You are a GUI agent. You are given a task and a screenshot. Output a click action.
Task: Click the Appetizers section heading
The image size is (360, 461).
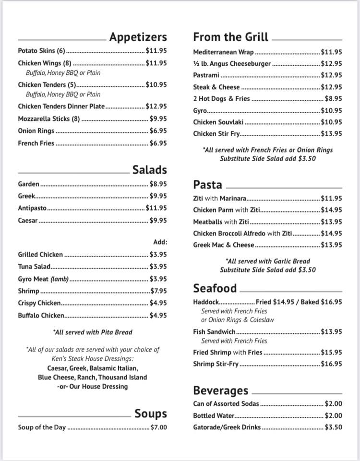tap(138, 37)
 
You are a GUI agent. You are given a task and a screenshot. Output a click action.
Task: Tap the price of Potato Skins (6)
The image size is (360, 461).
tap(156, 50)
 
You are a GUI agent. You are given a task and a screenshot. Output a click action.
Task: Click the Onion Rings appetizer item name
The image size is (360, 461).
tap(36, 130)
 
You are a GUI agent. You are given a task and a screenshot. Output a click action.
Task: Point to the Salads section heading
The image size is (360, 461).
tap(150, 169)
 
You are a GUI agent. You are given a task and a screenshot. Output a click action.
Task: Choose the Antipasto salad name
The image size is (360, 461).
tap(32, 208)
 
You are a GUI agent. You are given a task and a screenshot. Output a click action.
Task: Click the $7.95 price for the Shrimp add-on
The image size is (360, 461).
tap(158, 291)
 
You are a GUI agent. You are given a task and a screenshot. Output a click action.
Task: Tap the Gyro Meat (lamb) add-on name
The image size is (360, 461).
tap(43, 279)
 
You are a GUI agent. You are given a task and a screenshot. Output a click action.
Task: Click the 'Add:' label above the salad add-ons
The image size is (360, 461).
tap(160, 242)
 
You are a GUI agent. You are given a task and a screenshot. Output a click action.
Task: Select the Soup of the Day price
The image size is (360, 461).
tap(159, 427)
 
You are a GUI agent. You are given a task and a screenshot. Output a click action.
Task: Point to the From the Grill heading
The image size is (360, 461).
tap(231, 37)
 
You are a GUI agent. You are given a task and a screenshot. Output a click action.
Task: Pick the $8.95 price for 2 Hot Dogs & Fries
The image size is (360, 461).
tap(334, 98)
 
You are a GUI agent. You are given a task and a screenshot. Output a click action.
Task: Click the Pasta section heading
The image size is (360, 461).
tap(207, 185)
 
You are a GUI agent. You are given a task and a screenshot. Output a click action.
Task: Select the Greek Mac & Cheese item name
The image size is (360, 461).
tap(224, 245)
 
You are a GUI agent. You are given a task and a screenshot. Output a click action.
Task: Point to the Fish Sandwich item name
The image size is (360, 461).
tap(214, 331)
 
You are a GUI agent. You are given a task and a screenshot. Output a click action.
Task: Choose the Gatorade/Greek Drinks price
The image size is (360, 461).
tap(334, 427)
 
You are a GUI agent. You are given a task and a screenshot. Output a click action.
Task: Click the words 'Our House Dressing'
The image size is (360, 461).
tap(99, 386)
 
